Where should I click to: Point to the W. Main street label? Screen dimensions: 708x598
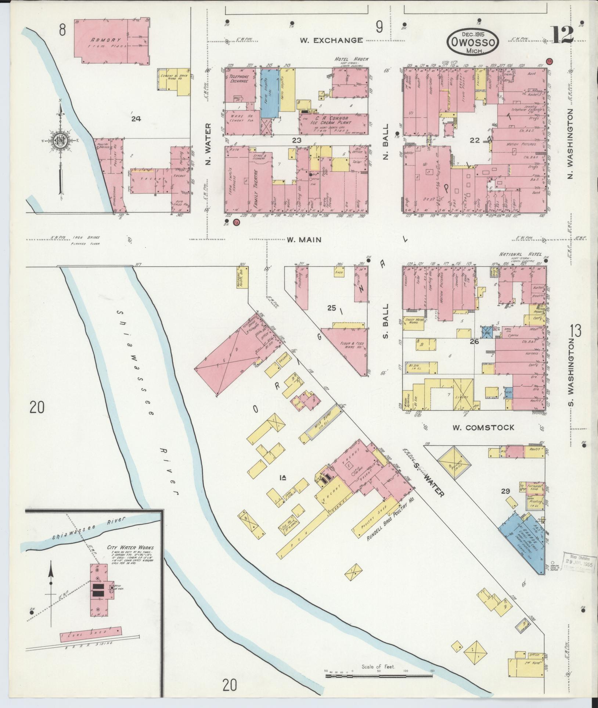pos(304,240)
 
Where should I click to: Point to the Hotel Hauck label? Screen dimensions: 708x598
pos(351,59)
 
